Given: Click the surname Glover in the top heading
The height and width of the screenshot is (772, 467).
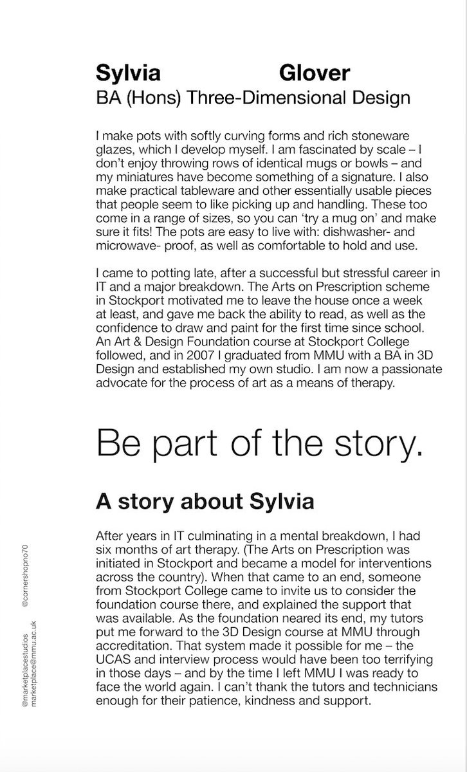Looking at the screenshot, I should coord(315,73).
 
